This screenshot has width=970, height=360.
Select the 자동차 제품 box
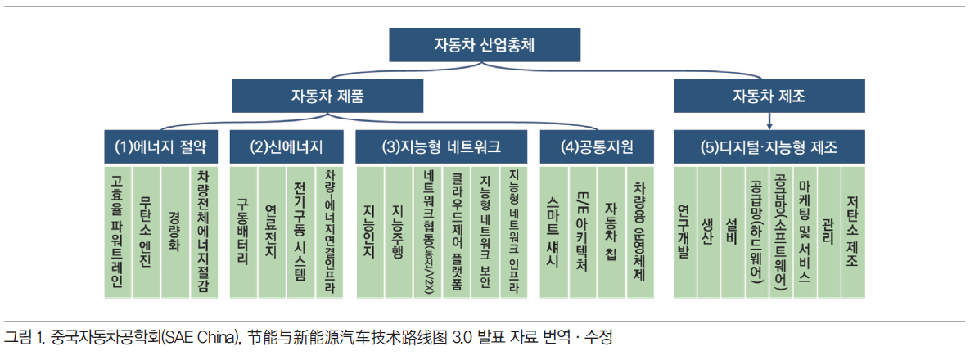click(327, 96)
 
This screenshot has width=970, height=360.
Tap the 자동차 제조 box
click(769, 96)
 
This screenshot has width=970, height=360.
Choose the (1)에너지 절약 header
click(160, 146)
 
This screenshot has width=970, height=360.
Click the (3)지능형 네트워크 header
click(441, 146)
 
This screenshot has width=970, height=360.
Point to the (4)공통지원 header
click(597, 146)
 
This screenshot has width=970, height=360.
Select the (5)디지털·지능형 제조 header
click(769, 146)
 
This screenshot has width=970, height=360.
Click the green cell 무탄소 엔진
click(146, 232)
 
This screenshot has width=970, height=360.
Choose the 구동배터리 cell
click(243, 232)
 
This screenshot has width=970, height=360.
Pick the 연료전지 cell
click(272, 232)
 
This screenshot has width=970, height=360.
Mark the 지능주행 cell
click(398, 232)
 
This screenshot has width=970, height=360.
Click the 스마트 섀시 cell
click(553, 232)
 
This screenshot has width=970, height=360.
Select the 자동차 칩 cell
click(611, 232)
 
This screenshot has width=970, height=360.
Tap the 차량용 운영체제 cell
click(640, 232)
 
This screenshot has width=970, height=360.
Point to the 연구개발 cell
click(684, 232)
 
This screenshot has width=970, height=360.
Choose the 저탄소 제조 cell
click(853, 232)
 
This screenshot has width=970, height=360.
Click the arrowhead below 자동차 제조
click(769, 125)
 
